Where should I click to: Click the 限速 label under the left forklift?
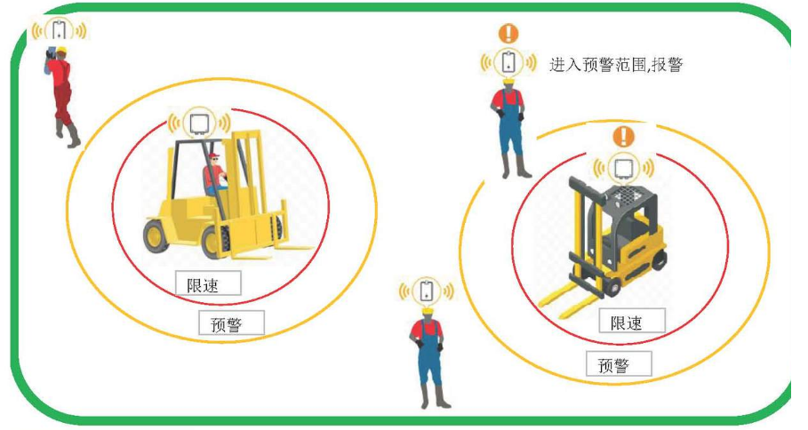208,283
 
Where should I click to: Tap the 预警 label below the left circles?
231,322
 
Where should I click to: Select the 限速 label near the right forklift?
632,321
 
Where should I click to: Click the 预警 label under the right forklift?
619,363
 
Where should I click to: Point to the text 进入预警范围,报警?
616,64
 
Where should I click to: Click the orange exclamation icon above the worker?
508,34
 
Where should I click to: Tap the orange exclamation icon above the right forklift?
623,137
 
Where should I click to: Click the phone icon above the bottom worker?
427,291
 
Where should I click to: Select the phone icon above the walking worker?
60,29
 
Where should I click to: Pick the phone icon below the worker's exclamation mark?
508,62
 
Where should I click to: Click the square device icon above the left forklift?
199,123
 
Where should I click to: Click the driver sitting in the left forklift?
214,174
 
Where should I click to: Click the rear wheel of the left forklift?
156,236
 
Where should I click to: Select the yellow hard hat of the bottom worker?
428,312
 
